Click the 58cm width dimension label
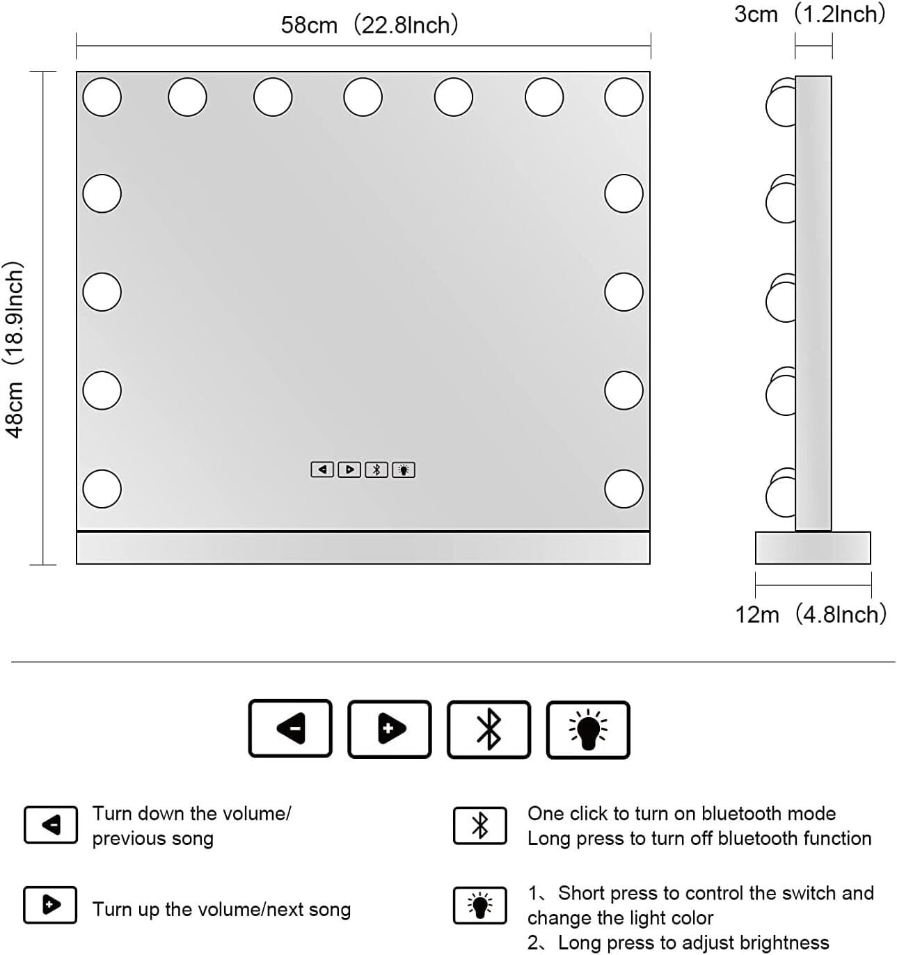pyautogui.click(x=369, y=25)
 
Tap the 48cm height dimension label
pyautogui.click(x=14, y=350)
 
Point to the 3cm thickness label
pyautogui.click(x=809, y=14)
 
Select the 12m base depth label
pyautogui.click(x=811, y=614)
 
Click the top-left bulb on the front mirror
pyautogui.click(x=102, y=97)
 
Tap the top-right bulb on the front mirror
pyautogui.click(x=624, y=97)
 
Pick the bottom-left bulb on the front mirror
pyautogui.click(x=102, y=488)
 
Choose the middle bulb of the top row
pyautogui.click(x=363, y=97)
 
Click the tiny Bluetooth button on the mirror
pyautogui.click(x=376, y=470)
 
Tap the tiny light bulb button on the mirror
pyautogui.click(x=403, y=470)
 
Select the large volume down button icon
pyautogui.click(x=290, y=728)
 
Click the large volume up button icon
pyautogui.click(x=389, y=729)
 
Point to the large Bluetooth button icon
pyautogui.click(x=489, y=730)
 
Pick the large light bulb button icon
pyautogui.click(x=588, y=730)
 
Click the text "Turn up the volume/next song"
pyautogui.click(x=221, y=909)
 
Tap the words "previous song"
pyautogui.click(x=152, y=839)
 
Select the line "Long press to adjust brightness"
pyautogui.click(x=693, y=942)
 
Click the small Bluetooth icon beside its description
pyautogui.click(x=479, y=826)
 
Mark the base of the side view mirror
pyautogui.click(x=813, y=547)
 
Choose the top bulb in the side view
pyautogui.click(x=781, y=102)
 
